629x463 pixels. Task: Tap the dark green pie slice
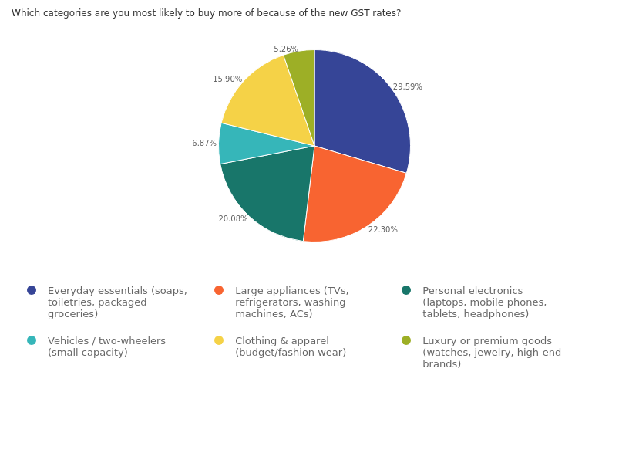tap(270, 193)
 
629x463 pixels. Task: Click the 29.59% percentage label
tap(407, 87)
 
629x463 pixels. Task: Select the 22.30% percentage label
tap(382, 230)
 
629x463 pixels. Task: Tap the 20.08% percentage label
tap(233, 219)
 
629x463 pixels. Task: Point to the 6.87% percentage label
tap(204, 144)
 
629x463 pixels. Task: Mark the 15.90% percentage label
tap(227, 79)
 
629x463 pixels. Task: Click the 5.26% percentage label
tap(286, 49)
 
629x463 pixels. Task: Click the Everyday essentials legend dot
tap(32, 290)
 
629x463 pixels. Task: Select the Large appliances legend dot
tap(219, 290)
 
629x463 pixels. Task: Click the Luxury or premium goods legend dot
tap(406, 340)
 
